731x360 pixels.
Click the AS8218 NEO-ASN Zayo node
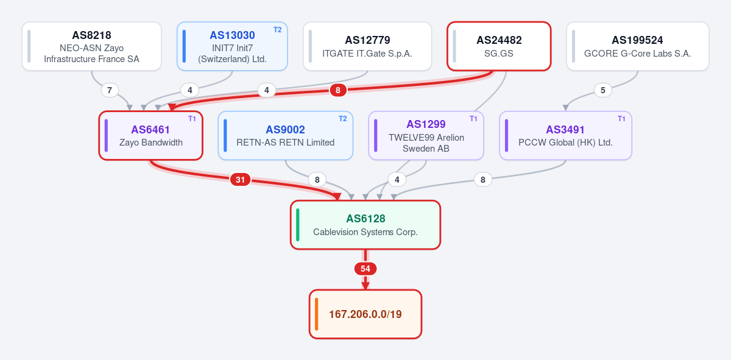(x=92, y=46)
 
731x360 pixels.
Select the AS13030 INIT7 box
(x=232, y=46)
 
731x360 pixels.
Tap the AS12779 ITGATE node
(x=367, y=46)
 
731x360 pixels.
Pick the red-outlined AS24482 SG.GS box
(x=499, y=46)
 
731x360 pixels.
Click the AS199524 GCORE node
(x=638, y=46)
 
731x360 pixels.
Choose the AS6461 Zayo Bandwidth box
(x=151, y=135)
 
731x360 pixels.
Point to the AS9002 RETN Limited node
(x=286, y=135)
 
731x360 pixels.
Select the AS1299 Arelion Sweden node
(x=426, y=135)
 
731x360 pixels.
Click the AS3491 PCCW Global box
(x=565, y=135)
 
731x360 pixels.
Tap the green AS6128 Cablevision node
(x=365, y=225)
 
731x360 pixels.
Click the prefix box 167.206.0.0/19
(x=365, y=314)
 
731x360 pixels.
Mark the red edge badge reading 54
(x=365, y=269)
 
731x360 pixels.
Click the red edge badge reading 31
(x=240, y=180)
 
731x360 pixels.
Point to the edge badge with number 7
(x=110, y=90)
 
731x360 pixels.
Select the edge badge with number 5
(x=602, y=90)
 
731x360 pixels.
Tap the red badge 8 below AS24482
(x=337, y=90)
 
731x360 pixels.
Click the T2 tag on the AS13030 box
(x=277, y=30)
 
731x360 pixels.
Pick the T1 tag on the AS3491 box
(x=621, y=119)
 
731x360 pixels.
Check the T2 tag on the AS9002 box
(x=342, y=119)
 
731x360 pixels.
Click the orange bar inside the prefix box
(x=316, y=314)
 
